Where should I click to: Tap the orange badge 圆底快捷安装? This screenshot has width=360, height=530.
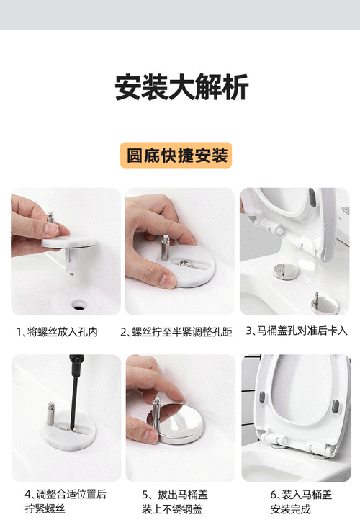[x=176, y=155]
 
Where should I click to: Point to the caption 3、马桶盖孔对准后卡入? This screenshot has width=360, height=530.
[x=297, y=331]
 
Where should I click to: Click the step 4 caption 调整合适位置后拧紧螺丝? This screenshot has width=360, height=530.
[x=66, y=502]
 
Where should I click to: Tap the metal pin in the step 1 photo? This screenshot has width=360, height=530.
[x=50, y=217]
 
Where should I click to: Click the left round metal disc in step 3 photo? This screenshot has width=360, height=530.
[x=280, y=271]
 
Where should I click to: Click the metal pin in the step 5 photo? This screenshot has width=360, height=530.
[x=156, y=410]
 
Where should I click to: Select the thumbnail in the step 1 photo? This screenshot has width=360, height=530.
[x=51, y=228]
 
